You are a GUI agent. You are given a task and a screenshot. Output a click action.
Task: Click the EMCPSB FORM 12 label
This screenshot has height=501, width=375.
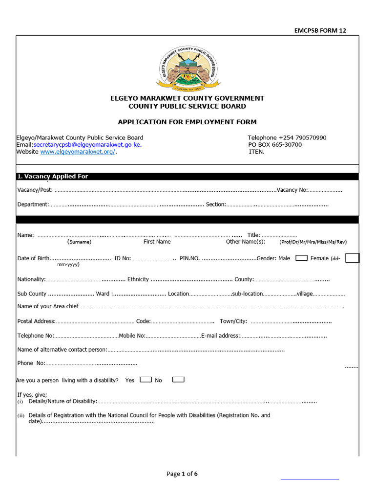[x=320, y=30]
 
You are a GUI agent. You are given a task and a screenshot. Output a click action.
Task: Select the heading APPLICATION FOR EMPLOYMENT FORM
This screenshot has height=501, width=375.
[x=187, y=122]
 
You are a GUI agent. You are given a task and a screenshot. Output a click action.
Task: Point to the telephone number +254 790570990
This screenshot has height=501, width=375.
[x=287, y=137]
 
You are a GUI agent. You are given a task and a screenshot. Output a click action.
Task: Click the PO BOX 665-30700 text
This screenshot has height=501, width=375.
[x=275, y=145]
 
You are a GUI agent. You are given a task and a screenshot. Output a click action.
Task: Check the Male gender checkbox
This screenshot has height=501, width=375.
[x=301, y=258]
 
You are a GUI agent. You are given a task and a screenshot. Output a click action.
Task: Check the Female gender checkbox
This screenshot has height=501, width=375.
[x=352, y=258]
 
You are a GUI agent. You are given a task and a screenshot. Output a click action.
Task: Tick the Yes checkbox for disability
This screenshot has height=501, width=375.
[x=146, y=379]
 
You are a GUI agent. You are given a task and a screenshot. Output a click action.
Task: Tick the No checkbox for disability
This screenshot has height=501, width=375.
[x=178, y=379]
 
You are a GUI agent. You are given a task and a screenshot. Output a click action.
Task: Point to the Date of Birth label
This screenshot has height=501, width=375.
[x=33, y=258]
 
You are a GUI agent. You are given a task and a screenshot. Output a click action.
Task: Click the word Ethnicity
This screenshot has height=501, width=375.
[x=138, y=279]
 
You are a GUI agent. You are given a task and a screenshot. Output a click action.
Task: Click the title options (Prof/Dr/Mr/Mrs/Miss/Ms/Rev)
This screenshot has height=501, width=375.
[x=313, y=242]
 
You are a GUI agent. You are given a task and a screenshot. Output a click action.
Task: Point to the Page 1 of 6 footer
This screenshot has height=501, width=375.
[x=182, y=474]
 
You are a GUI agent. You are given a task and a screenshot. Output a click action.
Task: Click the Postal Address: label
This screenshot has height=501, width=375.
[x=37, y=321]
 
